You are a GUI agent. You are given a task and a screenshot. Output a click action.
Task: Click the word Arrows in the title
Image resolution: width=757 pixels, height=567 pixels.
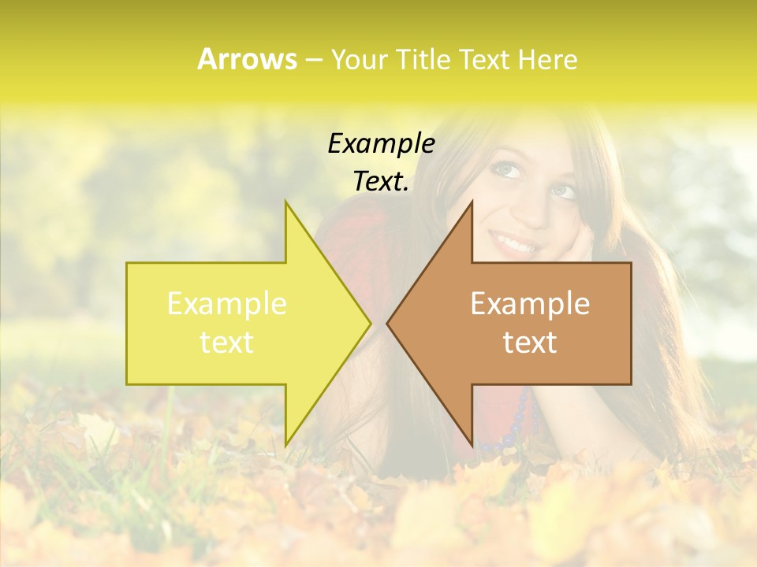[247, 59]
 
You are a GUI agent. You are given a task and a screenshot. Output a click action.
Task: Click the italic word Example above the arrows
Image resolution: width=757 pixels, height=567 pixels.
[381, 143]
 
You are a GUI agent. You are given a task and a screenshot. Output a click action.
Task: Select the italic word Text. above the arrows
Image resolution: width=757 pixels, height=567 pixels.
[381, 181]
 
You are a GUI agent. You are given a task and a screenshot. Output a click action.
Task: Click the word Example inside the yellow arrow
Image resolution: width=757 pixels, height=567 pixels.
[227, 304]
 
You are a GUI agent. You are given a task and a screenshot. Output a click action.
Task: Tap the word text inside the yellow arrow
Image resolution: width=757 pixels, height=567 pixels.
[227, 343]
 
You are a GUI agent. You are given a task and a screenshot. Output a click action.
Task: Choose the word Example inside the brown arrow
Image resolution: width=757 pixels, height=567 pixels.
[530, 304]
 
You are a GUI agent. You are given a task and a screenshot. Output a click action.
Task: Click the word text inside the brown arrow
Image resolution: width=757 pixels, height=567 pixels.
[530, 343]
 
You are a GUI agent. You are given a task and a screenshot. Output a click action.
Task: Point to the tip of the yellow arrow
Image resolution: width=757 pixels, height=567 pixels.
[370, 323]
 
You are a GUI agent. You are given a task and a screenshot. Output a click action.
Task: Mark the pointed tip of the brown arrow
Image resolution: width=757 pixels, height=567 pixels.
[388, 323]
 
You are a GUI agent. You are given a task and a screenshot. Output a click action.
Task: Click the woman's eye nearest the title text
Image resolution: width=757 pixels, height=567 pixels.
[505, 169]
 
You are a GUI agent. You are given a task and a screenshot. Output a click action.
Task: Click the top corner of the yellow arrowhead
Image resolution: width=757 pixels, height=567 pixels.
[286, 202]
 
